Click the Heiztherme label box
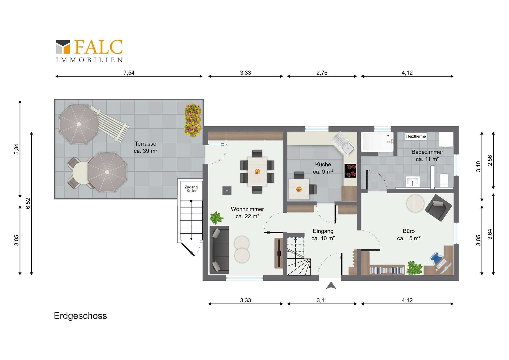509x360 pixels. tap(416, 136)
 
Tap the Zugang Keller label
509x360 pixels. tap(191, 189)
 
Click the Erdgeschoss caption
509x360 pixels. tap(80, 316)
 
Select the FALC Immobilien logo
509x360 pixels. tap(89, 51)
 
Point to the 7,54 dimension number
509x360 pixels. tap(129, 73)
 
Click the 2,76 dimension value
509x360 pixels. tap(322, 73)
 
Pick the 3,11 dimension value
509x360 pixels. tap(322, 300)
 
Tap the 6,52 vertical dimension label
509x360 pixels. tap(28, 203)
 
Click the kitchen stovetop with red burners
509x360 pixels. tap(350, 171)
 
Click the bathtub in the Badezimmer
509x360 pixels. tap(377, 142)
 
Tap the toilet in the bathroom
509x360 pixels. tap(444, 180)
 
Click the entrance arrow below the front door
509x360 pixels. tap(331, 285)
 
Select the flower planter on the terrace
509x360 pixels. tap(193, 120)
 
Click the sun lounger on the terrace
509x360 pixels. tap(110, 124)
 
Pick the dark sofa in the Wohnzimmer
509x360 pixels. tap(219, 250)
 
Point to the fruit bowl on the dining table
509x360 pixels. tap(257, 171)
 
